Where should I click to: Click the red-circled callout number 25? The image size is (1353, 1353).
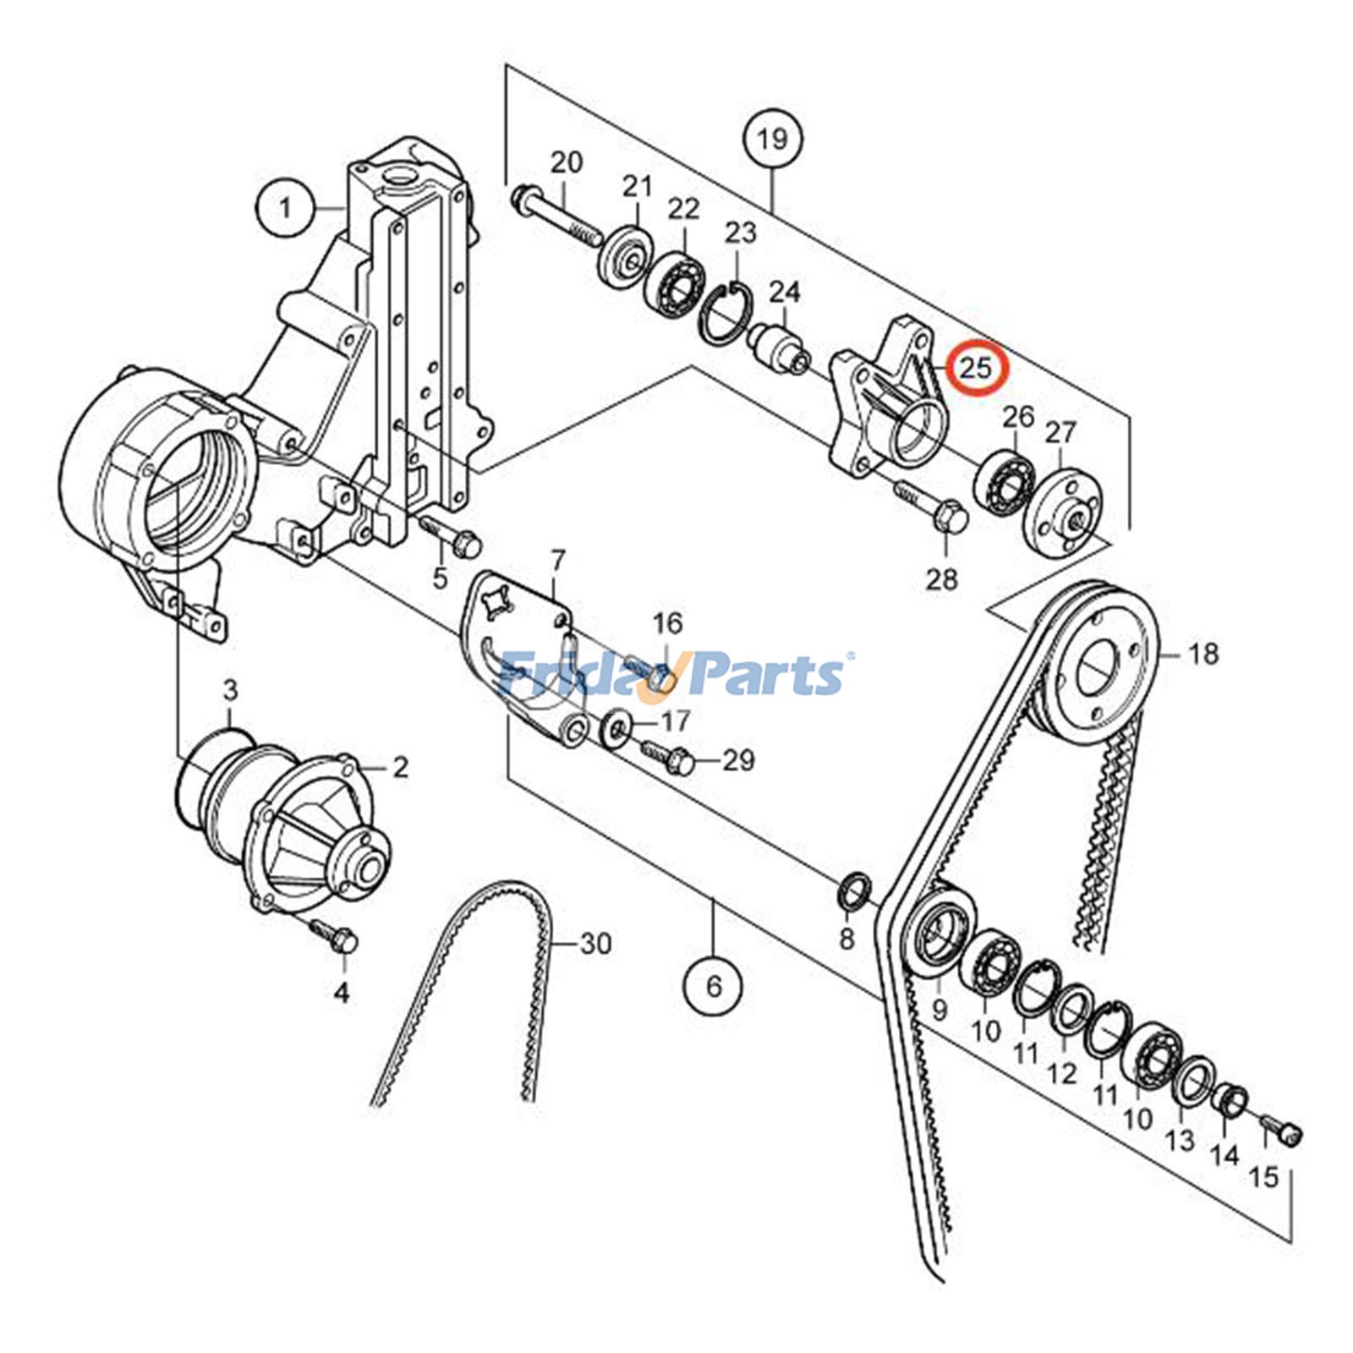[x=973, y=367]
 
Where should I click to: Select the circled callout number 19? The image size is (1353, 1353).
[x=772, y=139]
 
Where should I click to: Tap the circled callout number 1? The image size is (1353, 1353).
[x=285, y=206]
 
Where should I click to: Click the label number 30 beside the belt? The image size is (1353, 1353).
[x=595, y=943]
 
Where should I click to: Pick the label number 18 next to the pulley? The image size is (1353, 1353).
[x=1203, y=654]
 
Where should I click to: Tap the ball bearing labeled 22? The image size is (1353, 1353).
[x=674, y=278]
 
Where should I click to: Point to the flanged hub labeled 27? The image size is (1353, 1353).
[x=1063, y=512]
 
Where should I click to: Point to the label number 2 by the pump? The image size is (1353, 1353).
[x=400, y=767]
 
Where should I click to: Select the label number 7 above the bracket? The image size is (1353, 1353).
[x=556, y=561]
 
